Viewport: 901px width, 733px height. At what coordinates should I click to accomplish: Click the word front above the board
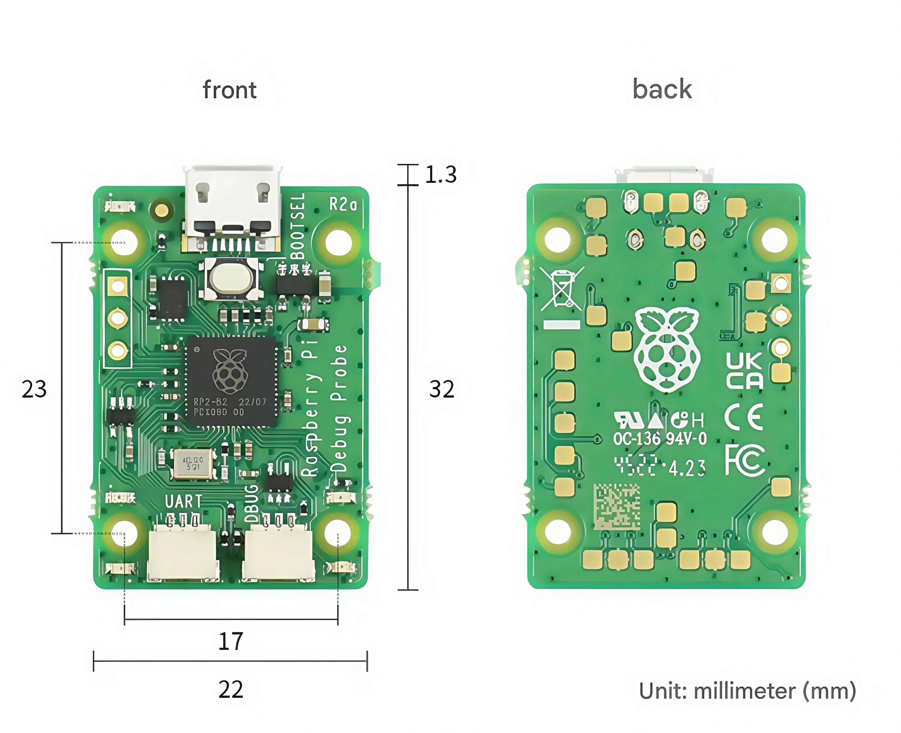coord(230,90)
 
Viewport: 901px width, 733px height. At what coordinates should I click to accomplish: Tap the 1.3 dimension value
coord(441,174)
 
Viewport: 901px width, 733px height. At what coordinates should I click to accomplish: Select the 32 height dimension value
coord(442,389)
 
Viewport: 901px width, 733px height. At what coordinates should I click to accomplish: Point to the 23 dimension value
coord(34,389)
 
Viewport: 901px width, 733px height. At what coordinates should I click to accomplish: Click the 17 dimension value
coord(231,641)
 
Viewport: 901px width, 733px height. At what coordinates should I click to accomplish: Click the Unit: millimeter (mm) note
coord(747,691)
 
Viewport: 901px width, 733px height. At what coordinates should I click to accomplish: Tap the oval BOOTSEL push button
coord(231,279)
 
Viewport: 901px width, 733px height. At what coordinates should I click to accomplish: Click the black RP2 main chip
coord(231,381)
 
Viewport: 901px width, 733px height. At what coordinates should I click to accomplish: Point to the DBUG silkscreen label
coord(251,503)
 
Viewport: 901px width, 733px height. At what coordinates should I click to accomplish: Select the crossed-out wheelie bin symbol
coord(561,289)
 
